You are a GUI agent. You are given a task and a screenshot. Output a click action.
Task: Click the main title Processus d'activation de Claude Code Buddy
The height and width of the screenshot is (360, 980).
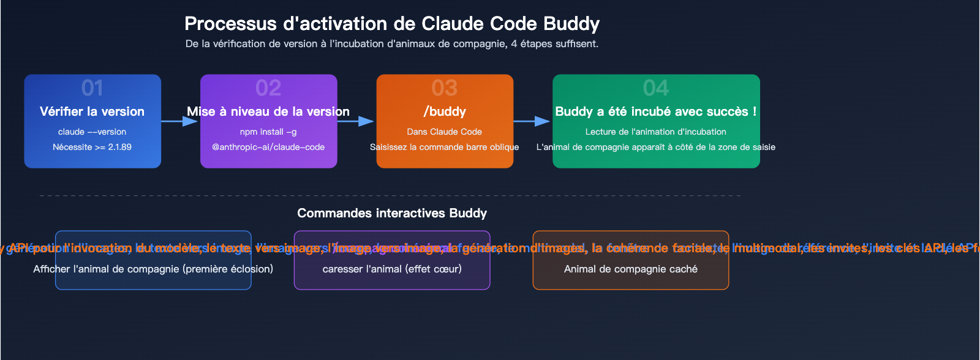click(392, 24)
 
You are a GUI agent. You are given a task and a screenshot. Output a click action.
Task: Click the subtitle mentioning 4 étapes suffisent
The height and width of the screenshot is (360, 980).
click(392, 44)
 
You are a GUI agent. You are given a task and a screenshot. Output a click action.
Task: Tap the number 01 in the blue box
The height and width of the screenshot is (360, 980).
click(92, 88)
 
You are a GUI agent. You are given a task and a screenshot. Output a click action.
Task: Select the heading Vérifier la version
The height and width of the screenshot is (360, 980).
click(92, 111)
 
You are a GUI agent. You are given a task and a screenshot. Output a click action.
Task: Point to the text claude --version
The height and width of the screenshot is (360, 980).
click(92, 132)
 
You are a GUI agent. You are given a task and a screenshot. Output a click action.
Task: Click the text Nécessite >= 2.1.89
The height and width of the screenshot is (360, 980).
click(92, 147)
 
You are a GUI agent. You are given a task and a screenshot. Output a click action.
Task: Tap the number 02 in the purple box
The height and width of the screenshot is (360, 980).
click(268, 88)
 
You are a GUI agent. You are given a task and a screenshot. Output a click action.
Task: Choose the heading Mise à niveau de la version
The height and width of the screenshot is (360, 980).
click(268, 111)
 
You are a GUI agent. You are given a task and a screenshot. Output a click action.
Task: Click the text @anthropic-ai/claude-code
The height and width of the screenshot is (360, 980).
click(268, 147)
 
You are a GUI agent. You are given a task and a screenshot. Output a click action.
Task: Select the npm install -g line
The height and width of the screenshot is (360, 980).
click(268, 132)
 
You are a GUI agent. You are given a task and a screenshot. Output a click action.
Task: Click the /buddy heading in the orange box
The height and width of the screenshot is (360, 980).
click(445, 111)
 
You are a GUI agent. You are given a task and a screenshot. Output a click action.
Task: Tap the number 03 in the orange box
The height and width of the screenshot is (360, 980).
click(445, 88)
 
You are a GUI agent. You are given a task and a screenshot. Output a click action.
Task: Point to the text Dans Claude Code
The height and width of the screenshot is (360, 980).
click(445, 132)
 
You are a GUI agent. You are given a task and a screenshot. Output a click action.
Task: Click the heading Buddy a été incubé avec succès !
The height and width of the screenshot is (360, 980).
click(656, 111)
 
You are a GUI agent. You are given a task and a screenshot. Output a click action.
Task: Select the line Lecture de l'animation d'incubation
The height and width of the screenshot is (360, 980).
click(656, 132)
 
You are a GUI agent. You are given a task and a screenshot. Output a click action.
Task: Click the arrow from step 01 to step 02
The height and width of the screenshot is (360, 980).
click(180, 121)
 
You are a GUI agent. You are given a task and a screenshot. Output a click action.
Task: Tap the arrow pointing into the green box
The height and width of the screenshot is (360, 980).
click(532, 121)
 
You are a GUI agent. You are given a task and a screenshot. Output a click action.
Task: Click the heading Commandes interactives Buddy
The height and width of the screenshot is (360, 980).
click(392, 213)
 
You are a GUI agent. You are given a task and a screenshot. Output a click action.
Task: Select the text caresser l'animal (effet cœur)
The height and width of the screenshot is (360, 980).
click(392, 269)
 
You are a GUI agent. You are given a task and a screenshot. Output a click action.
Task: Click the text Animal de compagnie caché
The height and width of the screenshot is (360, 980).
click(631, 269)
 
